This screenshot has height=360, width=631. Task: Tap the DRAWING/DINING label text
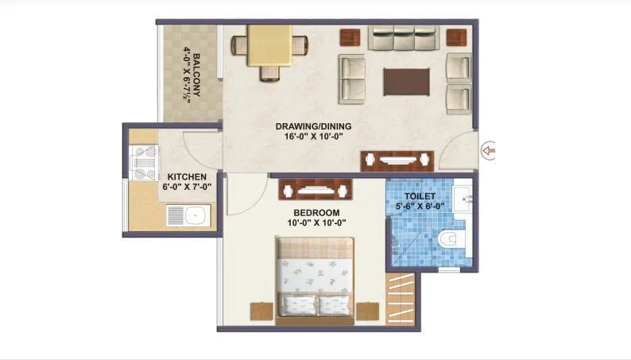313,126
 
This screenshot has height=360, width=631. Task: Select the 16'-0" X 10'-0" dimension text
313,137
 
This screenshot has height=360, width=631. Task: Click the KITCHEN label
187,176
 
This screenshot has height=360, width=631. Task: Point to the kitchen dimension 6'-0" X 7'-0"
187,187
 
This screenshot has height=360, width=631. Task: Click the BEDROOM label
316,212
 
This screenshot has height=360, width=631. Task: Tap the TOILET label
420,195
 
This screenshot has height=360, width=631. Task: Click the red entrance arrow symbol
489,148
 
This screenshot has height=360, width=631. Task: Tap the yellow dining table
269,46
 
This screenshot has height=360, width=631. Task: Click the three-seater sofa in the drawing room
404,37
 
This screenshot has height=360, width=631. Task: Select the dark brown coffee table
408,80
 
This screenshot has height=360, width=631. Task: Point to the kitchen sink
188,215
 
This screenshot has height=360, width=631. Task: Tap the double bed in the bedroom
316,278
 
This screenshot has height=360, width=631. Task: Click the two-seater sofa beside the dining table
352,78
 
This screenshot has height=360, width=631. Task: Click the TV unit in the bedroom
316,189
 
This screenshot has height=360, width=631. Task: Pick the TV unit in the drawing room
397,160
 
